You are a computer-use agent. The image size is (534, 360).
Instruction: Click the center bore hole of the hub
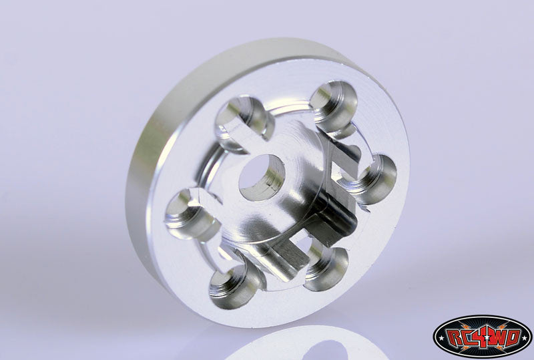coord(262,178)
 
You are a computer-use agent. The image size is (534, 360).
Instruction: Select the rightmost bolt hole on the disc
coord(373,178)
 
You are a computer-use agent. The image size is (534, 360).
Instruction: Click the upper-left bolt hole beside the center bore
coord(243,121)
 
